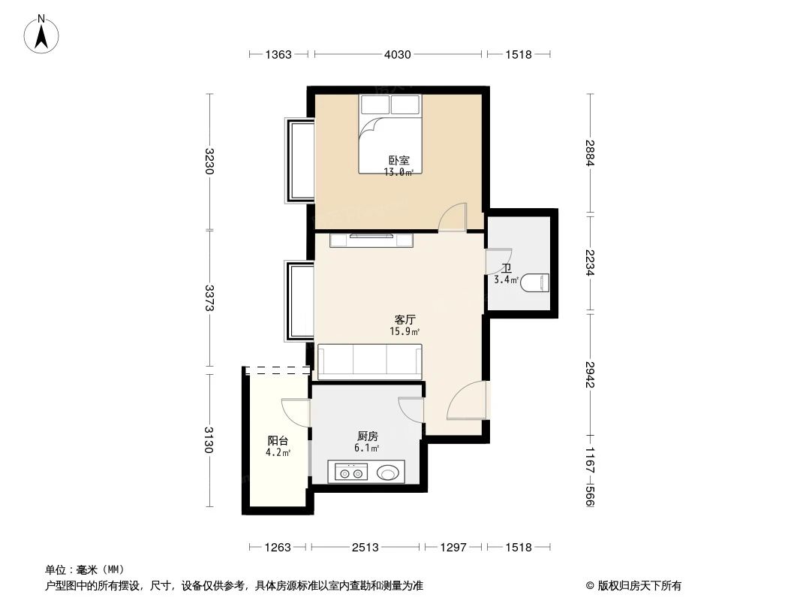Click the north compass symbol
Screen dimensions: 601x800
[x=43, y=34]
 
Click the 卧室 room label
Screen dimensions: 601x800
[x=398, y=160]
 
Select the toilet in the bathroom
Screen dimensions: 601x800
[x=537, y=282]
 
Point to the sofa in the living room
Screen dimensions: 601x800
[x=370, y=361]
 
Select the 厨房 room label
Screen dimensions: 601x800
[x=367, y=436]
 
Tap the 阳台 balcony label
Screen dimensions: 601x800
[x=278, y=441]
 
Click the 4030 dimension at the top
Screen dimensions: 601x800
[x=398, y=54]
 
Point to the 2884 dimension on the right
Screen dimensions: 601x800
[x=591, y=153]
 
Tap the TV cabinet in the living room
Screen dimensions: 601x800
[x=371, y=240]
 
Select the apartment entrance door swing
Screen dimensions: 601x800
[x=468, y=402]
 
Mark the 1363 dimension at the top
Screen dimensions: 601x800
[x=278, y=54]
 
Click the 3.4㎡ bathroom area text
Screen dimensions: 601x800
[x=506, y=280]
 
